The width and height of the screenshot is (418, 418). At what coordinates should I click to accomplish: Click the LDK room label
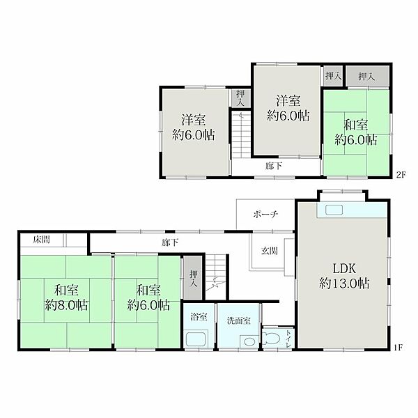tap(344, 269)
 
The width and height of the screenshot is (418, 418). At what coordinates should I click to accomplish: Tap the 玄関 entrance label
tap(270, 251)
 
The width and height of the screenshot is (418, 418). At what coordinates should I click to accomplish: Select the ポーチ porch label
tap(265, 215)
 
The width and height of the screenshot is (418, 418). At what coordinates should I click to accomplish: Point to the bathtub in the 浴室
tap(196, 339)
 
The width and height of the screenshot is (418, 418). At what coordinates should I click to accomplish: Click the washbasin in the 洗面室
tap(249, 342)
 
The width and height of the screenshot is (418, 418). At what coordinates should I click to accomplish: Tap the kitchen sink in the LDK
tap(334, 210)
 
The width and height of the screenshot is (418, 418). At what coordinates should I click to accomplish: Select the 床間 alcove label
tap(42, 240)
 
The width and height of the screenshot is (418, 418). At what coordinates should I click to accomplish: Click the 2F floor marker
tap(401, 175)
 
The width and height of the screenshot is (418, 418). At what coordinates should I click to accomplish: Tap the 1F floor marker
tap(398, 348)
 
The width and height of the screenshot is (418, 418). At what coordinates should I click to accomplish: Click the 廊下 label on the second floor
tap(274, 166)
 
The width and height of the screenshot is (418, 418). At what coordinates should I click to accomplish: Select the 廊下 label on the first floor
tap(170, 242)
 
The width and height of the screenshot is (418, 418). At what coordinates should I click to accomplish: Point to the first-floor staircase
tap(216, 276)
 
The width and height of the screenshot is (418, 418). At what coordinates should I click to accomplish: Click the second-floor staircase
tap(241, 134)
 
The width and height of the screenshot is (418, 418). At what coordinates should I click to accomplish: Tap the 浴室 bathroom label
tap(199, 317)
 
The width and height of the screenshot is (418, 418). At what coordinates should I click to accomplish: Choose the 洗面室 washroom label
tap(239, 320)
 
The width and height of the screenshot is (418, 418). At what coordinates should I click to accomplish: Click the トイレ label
tap(288, 339)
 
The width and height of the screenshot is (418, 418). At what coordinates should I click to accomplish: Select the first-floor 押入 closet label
tap(193, 279)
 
